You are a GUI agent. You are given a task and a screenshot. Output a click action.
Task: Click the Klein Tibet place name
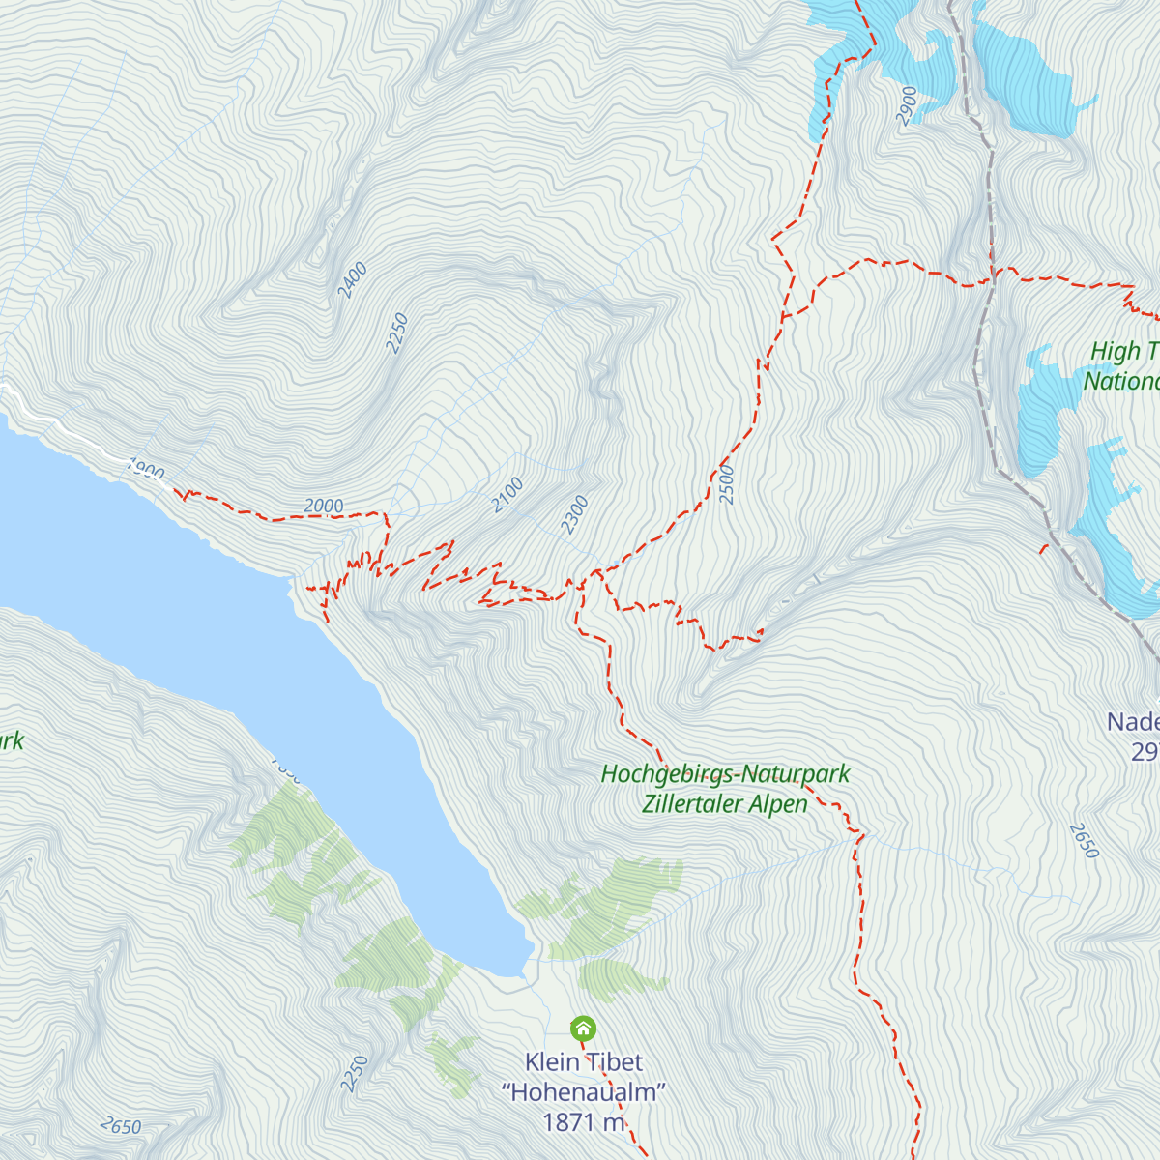583,1062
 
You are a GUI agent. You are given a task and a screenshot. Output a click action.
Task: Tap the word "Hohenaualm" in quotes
584,1092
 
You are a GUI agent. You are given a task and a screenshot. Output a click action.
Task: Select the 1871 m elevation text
584,1122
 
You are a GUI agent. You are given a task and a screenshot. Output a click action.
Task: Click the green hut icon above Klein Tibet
583,1029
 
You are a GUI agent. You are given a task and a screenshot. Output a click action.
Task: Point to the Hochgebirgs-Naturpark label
725,774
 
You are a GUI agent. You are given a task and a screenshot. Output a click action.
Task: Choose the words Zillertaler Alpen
725,804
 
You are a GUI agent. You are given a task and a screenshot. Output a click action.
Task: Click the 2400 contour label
353,279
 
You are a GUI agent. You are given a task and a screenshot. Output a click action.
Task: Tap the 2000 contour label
324,507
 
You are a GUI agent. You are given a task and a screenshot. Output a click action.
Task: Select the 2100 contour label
507,495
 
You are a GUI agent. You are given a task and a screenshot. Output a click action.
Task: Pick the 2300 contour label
574,514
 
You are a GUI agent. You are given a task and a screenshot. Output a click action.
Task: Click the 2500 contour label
727,484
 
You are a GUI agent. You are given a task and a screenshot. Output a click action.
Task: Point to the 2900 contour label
906,105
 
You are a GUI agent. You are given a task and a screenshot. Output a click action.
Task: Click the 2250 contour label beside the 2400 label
396,333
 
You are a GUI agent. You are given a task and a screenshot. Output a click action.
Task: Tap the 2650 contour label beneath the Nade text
1085,840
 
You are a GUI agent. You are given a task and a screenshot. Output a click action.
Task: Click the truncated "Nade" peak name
1132,722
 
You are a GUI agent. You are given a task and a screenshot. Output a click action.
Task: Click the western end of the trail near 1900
179,493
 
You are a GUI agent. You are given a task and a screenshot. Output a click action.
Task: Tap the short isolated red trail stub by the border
1043,549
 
